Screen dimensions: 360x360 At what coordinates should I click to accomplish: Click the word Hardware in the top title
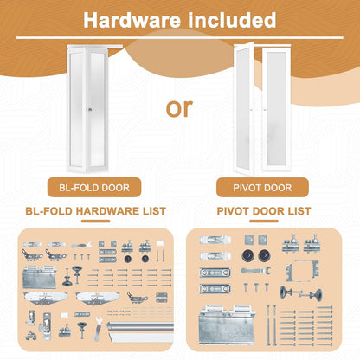(x=131, y=19)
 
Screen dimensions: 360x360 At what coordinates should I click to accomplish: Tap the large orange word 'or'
(x=179, y=109)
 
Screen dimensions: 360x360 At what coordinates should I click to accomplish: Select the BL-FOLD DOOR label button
(x=89, y=187)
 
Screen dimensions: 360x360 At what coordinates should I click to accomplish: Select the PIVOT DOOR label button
(x=269, y=187)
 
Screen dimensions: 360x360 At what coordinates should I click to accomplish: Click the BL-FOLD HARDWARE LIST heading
(x=89, y=209)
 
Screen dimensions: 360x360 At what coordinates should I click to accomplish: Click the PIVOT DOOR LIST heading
(x=269, y=209)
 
